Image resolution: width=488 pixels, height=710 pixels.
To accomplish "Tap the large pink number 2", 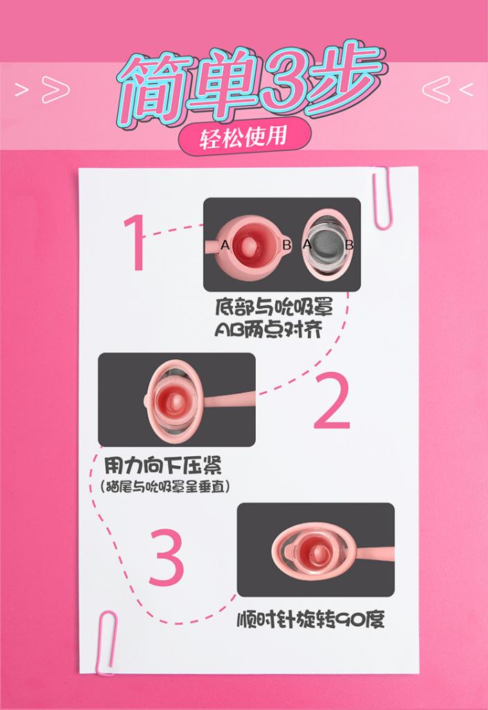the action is coord(333,401).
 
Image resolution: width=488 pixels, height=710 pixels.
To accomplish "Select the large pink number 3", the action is coord(166,556).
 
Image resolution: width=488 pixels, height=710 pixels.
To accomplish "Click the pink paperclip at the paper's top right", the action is coord(382,198).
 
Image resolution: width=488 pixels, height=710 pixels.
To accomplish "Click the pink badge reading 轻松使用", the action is coord(245,136).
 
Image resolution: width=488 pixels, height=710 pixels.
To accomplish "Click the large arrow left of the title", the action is coord(55,89).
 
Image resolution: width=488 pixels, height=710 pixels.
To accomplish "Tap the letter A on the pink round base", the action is coord(225,245).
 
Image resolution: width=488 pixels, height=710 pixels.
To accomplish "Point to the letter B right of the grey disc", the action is coord(349,245).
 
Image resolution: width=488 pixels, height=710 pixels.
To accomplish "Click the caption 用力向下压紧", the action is coord(163,465).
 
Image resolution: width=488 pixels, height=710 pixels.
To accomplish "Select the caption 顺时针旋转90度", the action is coord(311,620).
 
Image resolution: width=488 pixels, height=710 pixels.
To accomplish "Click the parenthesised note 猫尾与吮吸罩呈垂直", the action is coord(165,487).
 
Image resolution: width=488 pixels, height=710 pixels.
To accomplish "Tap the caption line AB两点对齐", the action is coord(268,330).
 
